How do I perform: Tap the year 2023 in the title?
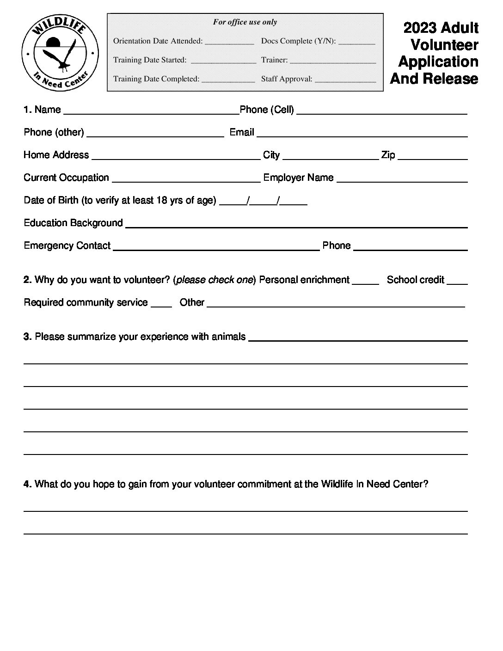(x=420, y=28)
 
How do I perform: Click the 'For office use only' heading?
(x=245, y=22)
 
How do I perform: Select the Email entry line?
(x=362, y=135)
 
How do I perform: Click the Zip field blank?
(x=432, y=158)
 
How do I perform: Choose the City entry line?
(x=330, y=158)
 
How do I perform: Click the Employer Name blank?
(x=402, y=180)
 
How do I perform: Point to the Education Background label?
(x=73, y=223)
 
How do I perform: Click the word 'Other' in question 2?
(x=192, y=302)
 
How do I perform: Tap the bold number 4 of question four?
(x=27, y=484)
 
